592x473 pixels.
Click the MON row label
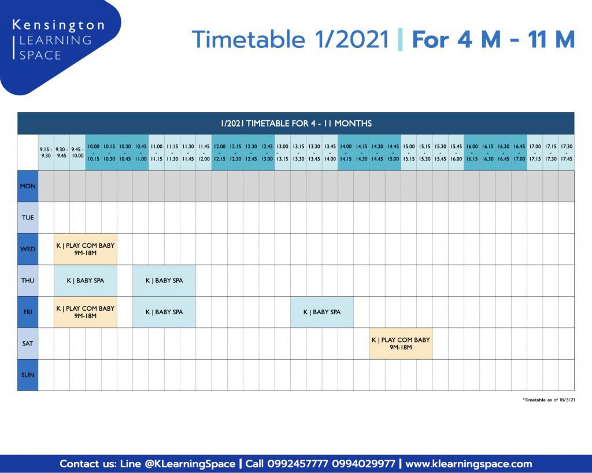pyautogui.click(x=28, y=186)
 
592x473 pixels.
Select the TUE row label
pyautogui.click(x=28, y=218)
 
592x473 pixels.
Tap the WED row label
pyautogui.click(x=28, y=249)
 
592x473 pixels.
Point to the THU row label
pyautogui.click(x=28, y=281)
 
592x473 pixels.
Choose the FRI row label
pyautogui.click(x=28, y=312)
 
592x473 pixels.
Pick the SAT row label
pyautogui.click(x=28, y=343)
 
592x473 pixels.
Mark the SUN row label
pyautogui.click(x=28, y=375)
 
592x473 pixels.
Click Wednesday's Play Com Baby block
pyautogui.click(x=86, y=249)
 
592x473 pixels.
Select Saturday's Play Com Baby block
pyautogui.click(x=401, y=343)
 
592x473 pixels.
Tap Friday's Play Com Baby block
pyautogui.click(x=86, y=312)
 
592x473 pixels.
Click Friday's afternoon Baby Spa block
pyautogui.click(x=322, y=312)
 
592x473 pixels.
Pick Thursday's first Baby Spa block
pyautogui.click(x=86, y=281)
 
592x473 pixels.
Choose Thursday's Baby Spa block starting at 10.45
pyautogui.click(x=164, y=281)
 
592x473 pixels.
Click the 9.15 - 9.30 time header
pyautogui.click(x=46, y=152)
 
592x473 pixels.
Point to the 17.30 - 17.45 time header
pyautogui.click(x=567, y=152)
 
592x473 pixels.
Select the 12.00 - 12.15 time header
pyautogui.click(x=219, y=152)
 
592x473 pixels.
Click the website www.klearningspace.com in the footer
pyautogui.click(x=468, y=464)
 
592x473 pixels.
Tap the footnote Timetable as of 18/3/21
pyautogui.click(x=549, y=400)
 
